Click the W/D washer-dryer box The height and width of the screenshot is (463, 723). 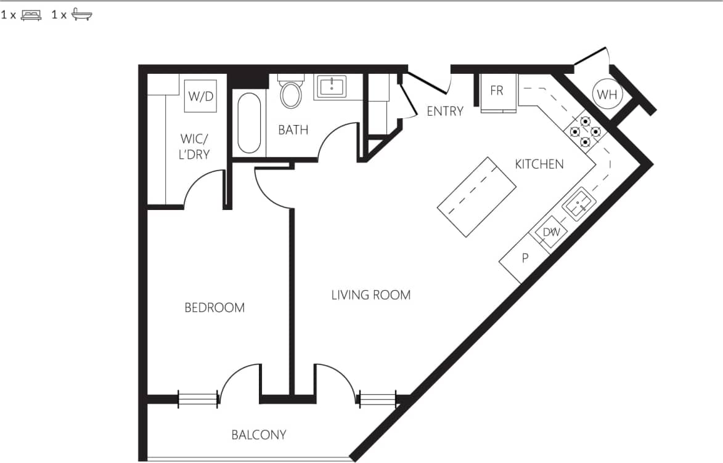(x=201, y=96)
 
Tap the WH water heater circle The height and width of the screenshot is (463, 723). (x=607, y=94)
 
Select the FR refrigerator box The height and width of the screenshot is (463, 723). (x=497, y=91)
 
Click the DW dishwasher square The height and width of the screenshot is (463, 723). (x=550, y=233)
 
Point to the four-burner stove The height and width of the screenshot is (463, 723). (x=585, y=131)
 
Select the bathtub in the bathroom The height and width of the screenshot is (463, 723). (x=249, y=123)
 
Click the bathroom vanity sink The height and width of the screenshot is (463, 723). (x=332, y=87)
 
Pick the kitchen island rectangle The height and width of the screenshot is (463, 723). (x=476, y=196)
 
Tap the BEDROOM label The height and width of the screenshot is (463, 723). (x=214, y=307)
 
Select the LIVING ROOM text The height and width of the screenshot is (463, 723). (x=370, y=295)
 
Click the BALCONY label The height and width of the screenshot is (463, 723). (x=259, y=435)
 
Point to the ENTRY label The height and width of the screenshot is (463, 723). (x=445, y=111)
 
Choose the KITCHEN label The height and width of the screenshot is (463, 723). (x=539, y=164)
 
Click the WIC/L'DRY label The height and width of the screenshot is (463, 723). (x=194, y=146)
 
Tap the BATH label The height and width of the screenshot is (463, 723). (x=293, y=130)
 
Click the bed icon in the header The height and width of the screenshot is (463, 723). (x=31, y=15)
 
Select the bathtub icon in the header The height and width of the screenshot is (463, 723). (x=81, y=15)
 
